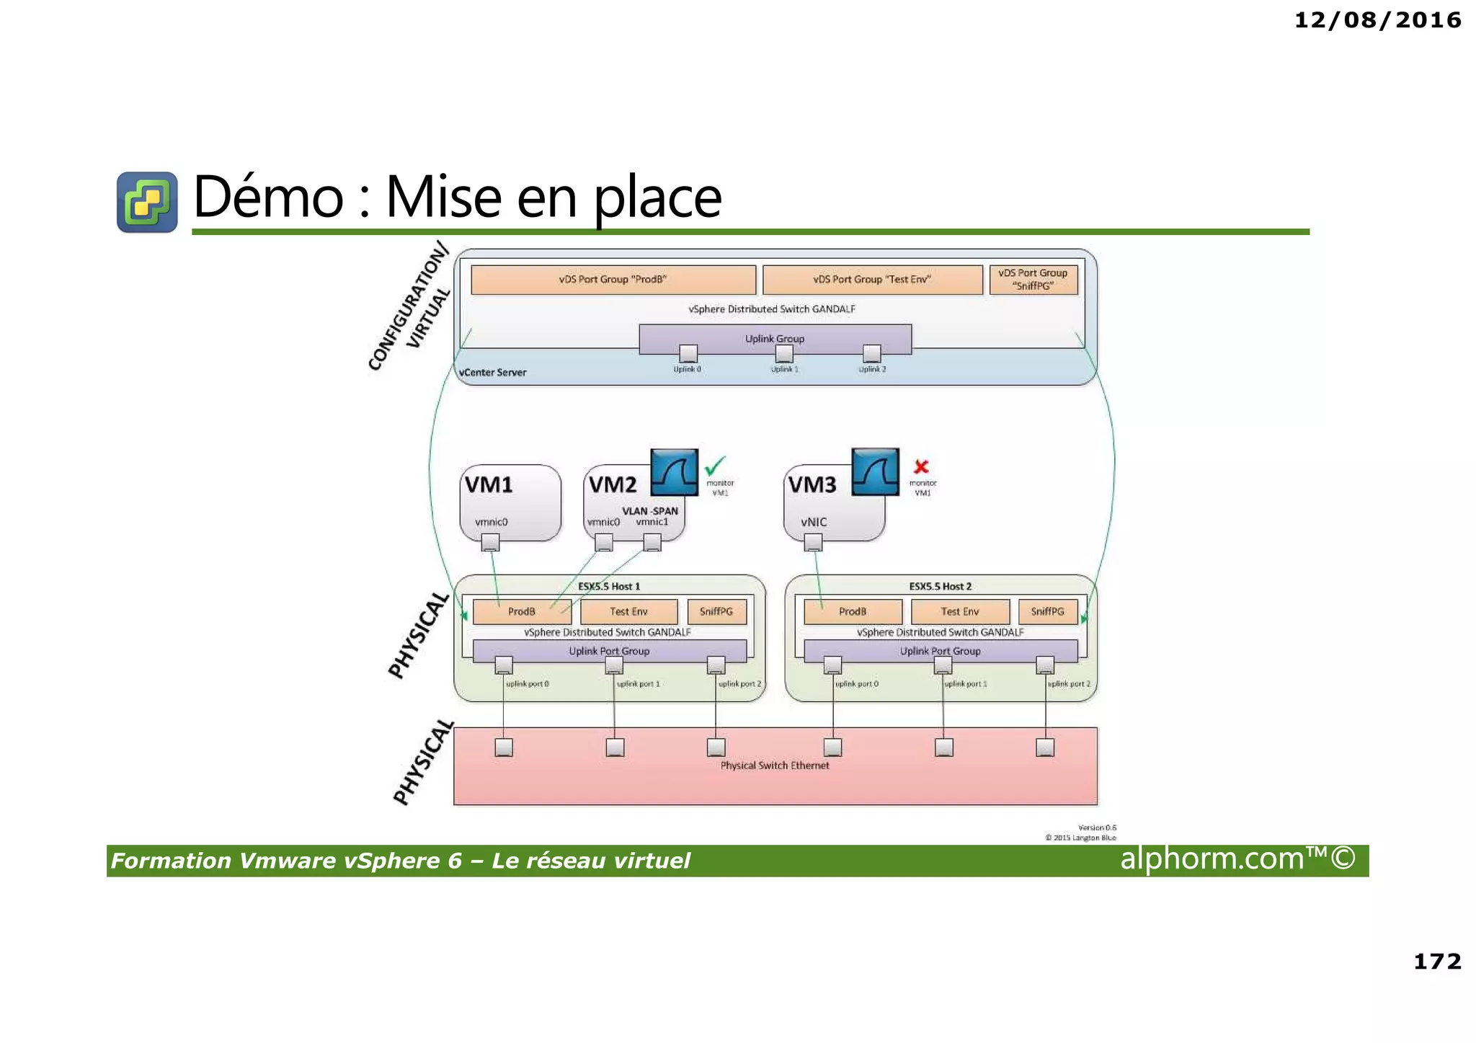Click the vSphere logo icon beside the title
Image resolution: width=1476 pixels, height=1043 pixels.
[x=147, y=202]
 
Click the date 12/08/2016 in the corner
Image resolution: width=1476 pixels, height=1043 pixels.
[x=1377, y=20]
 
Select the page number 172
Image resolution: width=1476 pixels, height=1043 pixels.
[x=1437, y=962]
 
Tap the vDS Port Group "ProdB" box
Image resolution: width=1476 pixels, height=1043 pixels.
[x=613, y=280]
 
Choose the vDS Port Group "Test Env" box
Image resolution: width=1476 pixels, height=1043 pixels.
[x=872, y=280]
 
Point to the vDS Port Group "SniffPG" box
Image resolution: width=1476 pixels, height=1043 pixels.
[x=1033, y=280]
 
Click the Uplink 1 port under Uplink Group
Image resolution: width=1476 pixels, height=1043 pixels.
[x=784, y=354]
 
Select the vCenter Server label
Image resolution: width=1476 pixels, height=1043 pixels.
[x=493, y=373]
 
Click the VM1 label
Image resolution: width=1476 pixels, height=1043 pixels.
[x=489, y=484]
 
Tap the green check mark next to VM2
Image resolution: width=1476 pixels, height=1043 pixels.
[x=715, y=466]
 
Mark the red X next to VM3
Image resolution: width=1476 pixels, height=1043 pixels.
[x=921, y=466]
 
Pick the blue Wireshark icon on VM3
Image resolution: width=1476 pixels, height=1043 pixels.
[x=875, y=472]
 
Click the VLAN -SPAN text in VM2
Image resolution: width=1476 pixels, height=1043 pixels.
[x=650, y=511]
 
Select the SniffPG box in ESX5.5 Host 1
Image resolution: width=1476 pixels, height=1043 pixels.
[x=716, y=611]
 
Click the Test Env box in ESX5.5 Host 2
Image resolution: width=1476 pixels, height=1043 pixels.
[x=959, y=611]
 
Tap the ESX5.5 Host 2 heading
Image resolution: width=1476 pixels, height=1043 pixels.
[x=940, y=587]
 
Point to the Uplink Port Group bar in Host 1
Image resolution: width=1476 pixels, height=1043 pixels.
[x=609, y=651]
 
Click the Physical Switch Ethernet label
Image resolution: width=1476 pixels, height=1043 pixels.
[x=775, y=765]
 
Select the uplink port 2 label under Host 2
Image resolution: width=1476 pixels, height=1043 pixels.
[x=1069, y=683]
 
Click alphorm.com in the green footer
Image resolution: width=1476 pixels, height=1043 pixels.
[x=1236, y=859]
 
